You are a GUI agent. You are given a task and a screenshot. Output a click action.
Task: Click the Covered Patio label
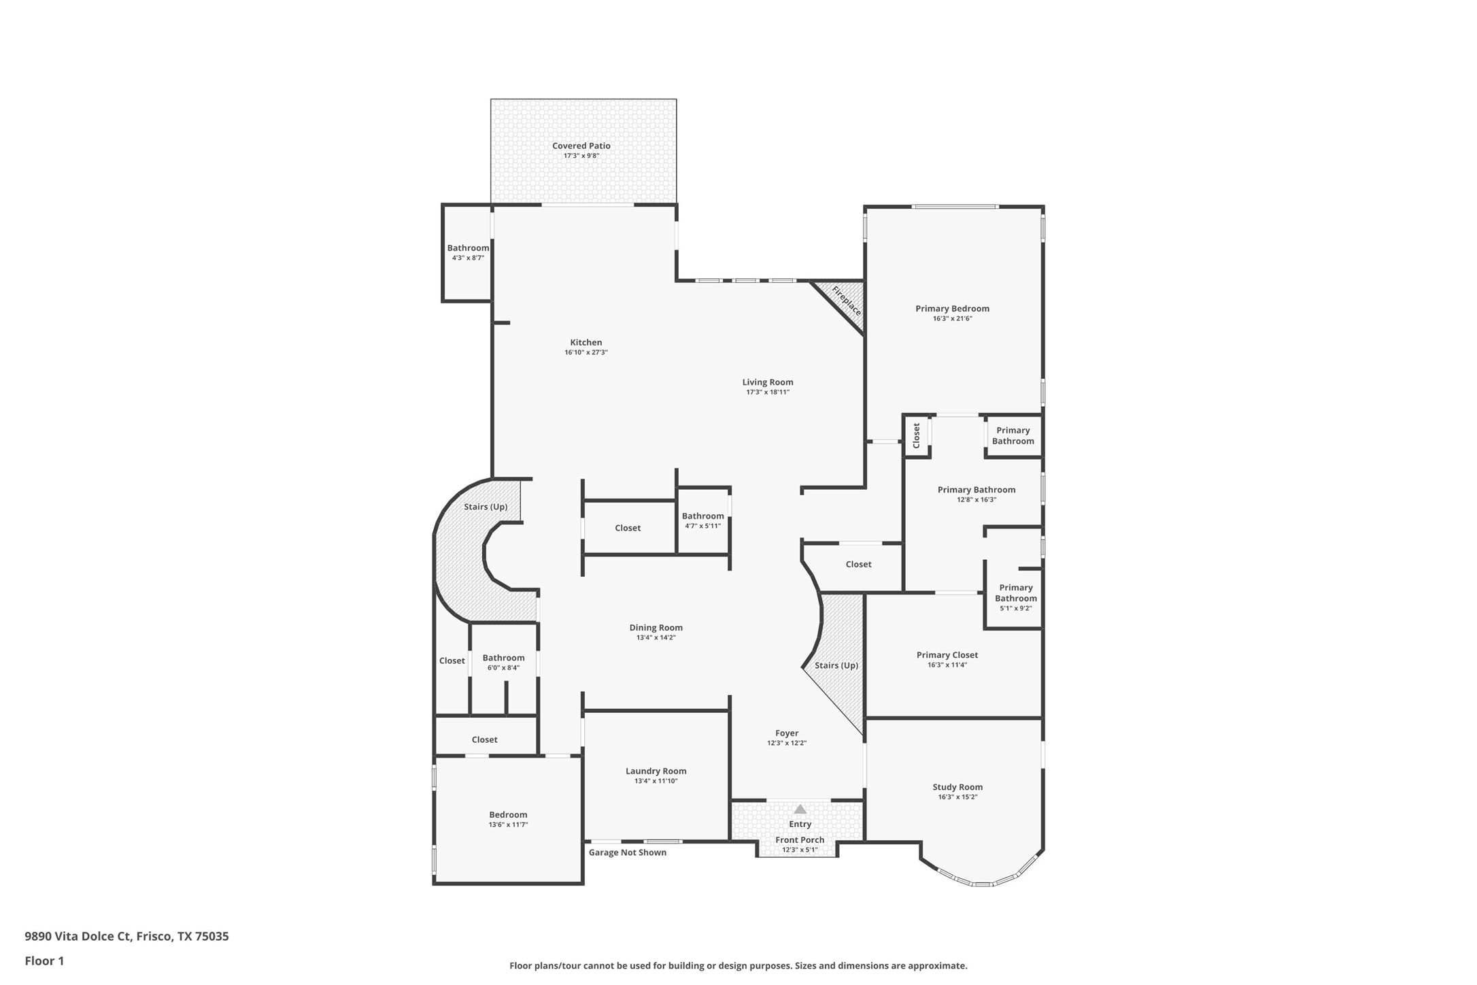click(x=581, y=146)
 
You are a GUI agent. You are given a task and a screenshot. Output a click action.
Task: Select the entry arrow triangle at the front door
click(x=800, y=809)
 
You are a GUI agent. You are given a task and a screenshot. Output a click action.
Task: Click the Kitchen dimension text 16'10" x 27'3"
click(x=585, y=352)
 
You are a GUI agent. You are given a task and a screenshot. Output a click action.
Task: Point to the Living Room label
click(x=767, y=382)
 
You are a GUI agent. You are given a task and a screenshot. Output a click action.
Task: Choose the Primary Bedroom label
click(x=951, y=309)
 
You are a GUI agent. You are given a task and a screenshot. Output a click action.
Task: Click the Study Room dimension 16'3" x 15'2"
click(x=957, y=797)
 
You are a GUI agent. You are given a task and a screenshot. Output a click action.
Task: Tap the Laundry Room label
click(x=656, y=771)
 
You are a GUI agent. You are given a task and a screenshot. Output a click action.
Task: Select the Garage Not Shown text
click(x=627, y=852)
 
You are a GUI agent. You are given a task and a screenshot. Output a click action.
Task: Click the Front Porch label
click(x=800, y=839)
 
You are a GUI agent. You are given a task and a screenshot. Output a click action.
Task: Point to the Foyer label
click(x=786, y=733)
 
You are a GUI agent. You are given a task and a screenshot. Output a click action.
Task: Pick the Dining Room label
click(x=656, y=628)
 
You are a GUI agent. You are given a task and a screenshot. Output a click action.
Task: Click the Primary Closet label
click(x=947, y=655)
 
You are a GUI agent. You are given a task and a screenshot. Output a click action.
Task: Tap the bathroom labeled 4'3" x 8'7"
click(x=468, y=252)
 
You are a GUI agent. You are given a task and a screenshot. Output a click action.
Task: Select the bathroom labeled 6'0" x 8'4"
click(x=503, y=662)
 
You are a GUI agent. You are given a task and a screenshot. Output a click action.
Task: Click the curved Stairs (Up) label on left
click(x=486, y=507)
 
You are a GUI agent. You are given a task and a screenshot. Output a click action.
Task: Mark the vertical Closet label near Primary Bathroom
click(x=916, y=435)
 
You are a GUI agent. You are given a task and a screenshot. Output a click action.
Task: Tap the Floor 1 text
click(x=44, y=961)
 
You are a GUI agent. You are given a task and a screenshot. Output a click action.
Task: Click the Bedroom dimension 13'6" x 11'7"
click(x=508, y=824)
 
